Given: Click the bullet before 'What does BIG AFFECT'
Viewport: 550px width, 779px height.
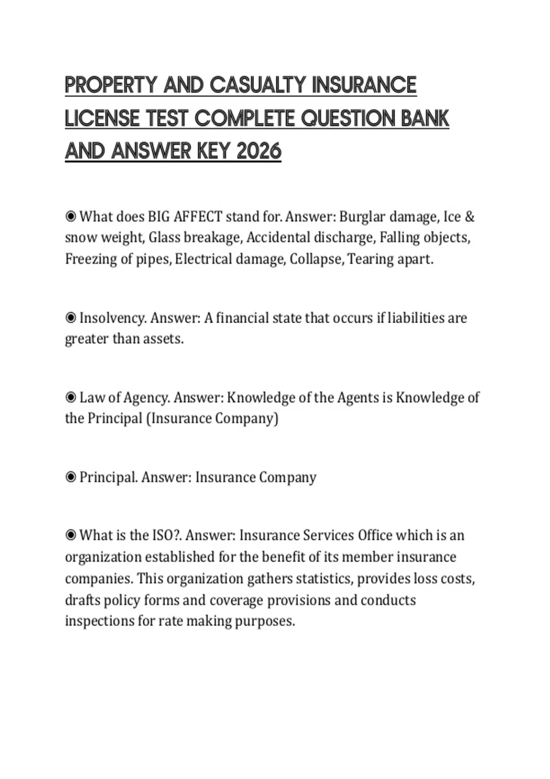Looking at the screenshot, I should point(71,216).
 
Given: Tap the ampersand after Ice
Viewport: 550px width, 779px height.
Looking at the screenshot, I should point(469,216).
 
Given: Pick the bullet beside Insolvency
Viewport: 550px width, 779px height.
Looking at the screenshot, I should point(71,318).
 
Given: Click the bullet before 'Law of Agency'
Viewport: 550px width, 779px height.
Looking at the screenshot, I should point(71,397).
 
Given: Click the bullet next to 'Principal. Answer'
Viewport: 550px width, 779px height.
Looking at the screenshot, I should point(71,477).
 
